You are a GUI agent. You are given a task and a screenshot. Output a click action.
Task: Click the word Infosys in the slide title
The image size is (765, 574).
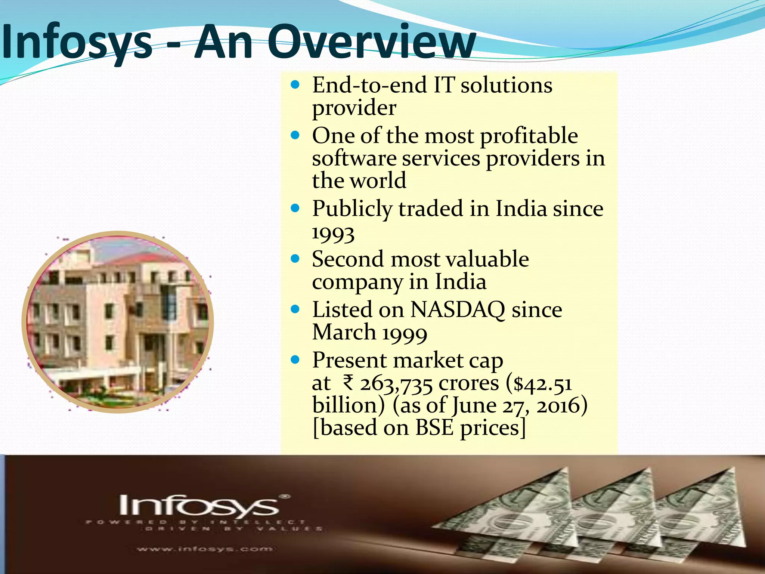(77, 42)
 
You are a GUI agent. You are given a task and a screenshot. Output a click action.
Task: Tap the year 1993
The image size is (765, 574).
(333, 234)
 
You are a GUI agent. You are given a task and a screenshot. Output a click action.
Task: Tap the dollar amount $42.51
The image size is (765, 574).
(543, 384)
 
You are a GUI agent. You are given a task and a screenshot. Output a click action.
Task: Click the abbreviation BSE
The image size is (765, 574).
(434, 428)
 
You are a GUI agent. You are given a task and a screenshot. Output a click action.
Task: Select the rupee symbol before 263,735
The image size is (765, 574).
(348, 383)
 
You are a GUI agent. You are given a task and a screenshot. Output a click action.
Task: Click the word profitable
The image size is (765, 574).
(529, 136)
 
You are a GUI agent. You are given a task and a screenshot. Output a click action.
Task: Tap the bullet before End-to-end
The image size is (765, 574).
(295, 85)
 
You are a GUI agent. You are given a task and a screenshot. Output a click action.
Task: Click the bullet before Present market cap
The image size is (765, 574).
(295, 360)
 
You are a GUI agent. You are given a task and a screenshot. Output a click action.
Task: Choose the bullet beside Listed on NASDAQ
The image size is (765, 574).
(295, 309)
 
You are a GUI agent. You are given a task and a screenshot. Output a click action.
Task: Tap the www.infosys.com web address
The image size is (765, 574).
(205, 549)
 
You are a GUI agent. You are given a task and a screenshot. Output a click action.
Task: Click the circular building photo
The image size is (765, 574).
(118, 322)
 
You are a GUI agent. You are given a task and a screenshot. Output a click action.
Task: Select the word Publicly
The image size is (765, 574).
(352, 209)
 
